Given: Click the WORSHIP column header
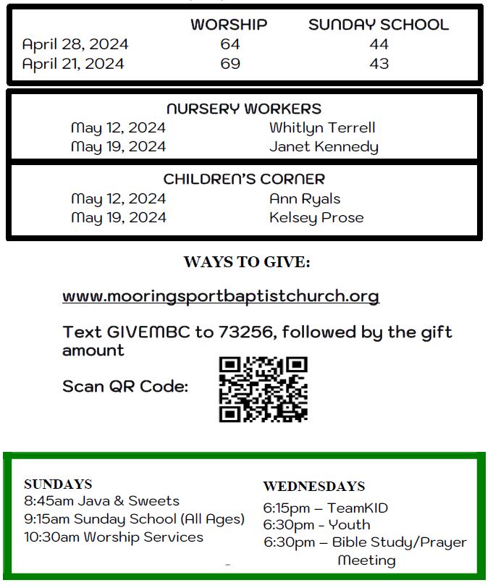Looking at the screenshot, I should click(229, 25).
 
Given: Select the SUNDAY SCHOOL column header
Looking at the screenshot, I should click(379, 25).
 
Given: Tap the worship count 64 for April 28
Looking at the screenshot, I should click(230, 44).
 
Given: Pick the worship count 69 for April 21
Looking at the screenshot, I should click(230, 64).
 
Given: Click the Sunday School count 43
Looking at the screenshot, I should click(379, 64).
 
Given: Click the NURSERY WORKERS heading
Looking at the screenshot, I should click(244, 109).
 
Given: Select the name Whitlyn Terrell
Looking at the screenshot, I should click(322, 128).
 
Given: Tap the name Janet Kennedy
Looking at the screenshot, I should click(324, 147).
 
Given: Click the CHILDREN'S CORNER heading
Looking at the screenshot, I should click(244, 179).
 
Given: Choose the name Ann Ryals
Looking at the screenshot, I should click(305, 198).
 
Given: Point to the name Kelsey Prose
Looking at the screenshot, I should click(316, 217).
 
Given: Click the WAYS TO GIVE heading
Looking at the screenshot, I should click(247, 262).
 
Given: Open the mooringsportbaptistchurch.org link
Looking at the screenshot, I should click(221, 296).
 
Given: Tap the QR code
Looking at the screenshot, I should click(264, 389).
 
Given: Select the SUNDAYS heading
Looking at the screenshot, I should click(58, 484).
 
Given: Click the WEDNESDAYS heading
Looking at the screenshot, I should click(314, 487).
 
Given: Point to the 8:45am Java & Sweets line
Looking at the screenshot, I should click(101, 501).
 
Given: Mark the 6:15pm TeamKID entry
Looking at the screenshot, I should click(326, 508).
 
